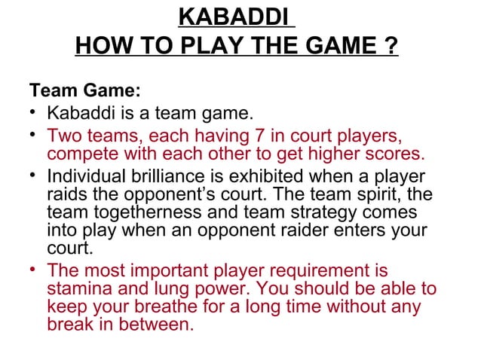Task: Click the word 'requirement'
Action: pyautogui.click(x=301, y=271)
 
